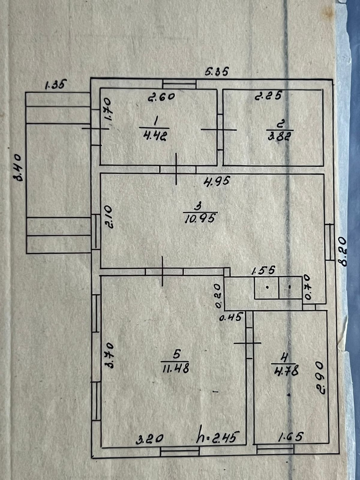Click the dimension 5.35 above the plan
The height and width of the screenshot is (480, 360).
[217, 72]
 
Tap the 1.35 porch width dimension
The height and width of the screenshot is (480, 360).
[55, 85]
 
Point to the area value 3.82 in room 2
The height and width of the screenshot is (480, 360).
[279, 136]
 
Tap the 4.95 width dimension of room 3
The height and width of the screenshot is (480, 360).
[217, 181]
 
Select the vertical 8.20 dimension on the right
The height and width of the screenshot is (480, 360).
[342, 251]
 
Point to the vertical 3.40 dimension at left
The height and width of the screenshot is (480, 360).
[18, 168]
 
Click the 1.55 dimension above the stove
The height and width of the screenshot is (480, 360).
[263, 271]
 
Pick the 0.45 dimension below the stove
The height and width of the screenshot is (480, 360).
[230, 317]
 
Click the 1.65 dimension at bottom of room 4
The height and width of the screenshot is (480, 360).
[291, 436]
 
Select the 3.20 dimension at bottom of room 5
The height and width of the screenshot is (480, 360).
[150, 439]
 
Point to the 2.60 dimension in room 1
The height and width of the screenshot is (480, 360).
[161, 97]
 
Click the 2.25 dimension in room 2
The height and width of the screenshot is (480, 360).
[268, 96]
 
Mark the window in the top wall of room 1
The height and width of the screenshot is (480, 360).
[179, 84]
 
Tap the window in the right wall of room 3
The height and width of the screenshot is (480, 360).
[329, 242]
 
